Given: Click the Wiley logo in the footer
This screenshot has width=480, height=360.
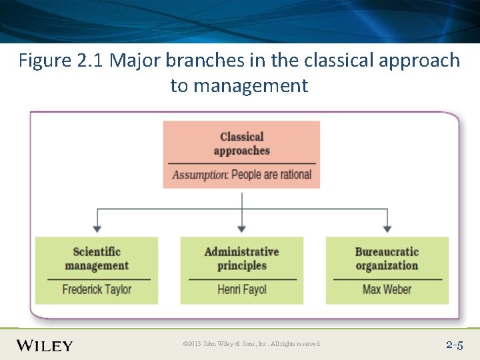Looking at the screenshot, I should click(45, 345).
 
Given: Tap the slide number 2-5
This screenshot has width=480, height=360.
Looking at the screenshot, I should click(454, 345).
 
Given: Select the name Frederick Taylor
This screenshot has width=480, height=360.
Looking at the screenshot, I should click(97, 289).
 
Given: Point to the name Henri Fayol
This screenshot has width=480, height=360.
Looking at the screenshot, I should click(241, 289).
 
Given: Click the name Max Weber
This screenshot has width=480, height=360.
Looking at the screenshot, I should click(387, 289).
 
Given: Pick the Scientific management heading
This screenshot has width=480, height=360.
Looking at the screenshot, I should click(97, 259).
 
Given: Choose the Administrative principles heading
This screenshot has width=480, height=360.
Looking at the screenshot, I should click(241, 259).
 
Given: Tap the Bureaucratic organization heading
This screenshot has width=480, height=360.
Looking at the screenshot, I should click(387, 259).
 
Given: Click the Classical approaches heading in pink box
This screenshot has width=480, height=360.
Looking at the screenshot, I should click(241, 143).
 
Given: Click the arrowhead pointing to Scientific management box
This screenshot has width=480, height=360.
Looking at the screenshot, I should click(98, 229).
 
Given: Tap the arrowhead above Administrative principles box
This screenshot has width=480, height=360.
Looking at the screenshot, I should click(241, 229).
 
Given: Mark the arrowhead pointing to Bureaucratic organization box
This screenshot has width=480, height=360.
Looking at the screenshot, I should click(387, 229).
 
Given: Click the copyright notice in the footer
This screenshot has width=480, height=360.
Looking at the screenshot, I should click(252, 344).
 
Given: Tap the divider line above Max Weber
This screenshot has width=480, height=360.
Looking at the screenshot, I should click(387, 279).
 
